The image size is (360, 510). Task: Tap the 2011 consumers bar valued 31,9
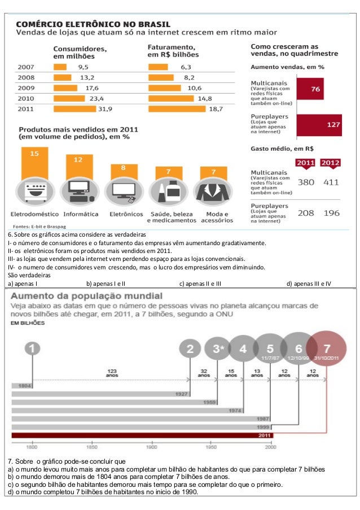[73, 109]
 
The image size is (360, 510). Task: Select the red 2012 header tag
[331, 163]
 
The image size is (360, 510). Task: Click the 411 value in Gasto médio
[331, 182]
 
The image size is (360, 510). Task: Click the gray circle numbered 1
[33, 348]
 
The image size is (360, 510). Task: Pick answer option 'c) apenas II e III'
[200, 284]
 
